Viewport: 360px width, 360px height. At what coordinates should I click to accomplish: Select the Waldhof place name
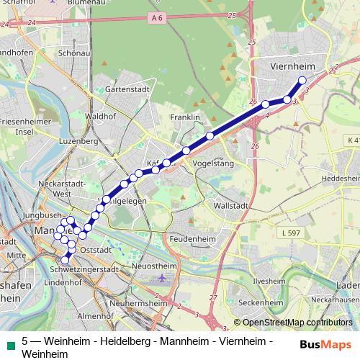tap(96, 115)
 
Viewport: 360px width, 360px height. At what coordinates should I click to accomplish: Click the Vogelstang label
tap(211, 163)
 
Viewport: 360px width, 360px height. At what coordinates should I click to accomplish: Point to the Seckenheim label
tap(259, 302)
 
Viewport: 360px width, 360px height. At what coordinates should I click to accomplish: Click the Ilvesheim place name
tap(270, 281)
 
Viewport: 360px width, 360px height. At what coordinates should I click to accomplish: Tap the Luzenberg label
tap(78, 141)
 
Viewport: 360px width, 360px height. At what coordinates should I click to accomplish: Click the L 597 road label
tap(291, 232)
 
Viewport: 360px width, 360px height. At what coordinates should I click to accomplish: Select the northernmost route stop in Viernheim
tap(302, 81)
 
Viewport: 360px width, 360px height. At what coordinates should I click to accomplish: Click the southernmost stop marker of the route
tap(66, 260)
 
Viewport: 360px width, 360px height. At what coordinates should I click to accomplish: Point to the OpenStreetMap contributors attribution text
tap(297, 323)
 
